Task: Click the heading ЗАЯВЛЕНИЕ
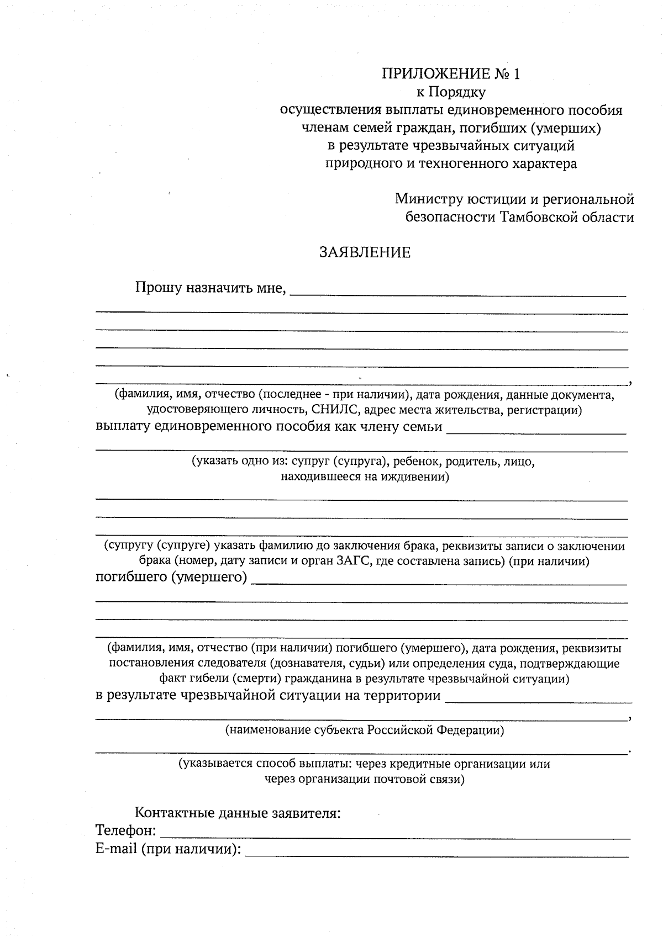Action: (365, 253)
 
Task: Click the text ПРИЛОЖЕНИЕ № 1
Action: (450, 74)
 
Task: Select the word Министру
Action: (428, 199)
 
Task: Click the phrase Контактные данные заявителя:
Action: (238, 813)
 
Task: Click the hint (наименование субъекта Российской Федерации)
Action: (365, 730)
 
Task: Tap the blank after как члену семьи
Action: (536, 431)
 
